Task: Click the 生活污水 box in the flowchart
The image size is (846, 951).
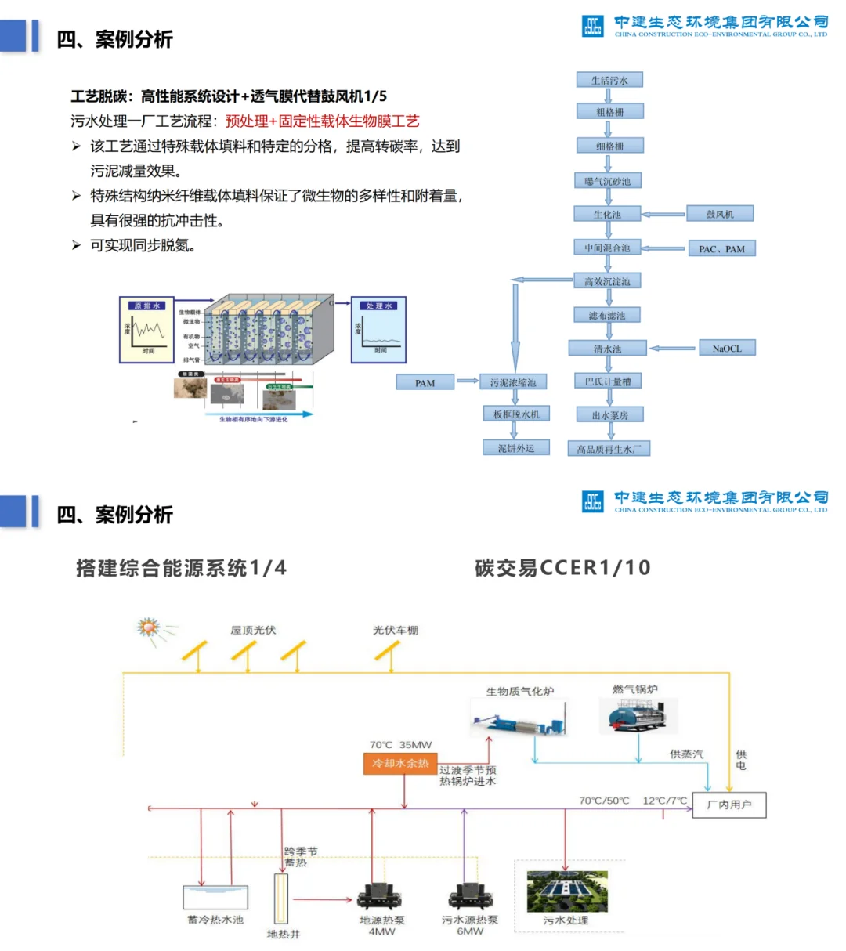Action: [x=609, y=80]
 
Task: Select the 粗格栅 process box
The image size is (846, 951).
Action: [x=609, y=112]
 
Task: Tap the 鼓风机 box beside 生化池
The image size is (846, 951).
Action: [x=720, y=214]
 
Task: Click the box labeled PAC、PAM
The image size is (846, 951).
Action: [x=721, y=249]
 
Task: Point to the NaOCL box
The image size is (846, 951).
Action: [x=727, y=349]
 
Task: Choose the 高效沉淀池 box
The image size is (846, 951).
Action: [x=607, y=281]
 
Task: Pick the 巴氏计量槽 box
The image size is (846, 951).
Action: [x=608, y=381]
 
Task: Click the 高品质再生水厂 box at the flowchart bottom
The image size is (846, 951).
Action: [x=609, y=449]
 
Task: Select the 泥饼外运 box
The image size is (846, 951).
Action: [x=515, y=448]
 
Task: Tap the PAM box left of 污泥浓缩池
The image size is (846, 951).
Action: [x=425, y=383]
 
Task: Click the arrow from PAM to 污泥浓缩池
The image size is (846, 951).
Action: [x=468, y=381]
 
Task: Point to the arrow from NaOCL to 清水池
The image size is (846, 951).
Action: [x=673, y=349]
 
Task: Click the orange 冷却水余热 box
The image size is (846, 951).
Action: [x=400, y=763]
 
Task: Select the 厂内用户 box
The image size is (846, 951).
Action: [x=729, y=805]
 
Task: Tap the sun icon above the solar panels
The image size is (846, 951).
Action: [x=149, y=627]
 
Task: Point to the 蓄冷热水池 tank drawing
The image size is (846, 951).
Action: [x=215, y=898]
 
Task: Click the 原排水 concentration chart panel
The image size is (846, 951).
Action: [x=146, y=329]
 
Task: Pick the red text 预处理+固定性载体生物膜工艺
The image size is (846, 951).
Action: [x=323, y=121]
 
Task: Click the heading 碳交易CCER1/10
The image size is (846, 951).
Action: [x=562, y=568]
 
